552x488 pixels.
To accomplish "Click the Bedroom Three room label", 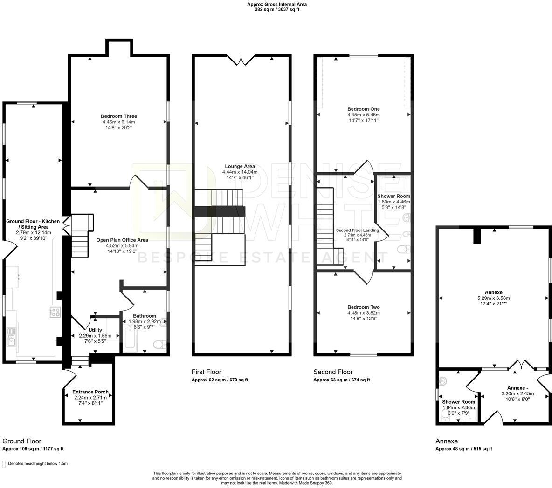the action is click(x=118, y=116).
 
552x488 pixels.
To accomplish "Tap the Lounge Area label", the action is click(x=240, y=166).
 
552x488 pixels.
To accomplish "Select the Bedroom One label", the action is click(x=363, y=109).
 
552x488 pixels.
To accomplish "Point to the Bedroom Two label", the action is click(x=363, y=307).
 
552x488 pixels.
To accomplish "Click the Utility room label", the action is click(x=95, y=330).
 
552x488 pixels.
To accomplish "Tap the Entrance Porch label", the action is click(x=90, y=392).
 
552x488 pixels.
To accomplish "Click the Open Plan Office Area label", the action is click(x=122, y=240).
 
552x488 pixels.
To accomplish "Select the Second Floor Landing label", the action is click(x=357, y=230).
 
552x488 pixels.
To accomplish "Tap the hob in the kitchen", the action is click(x=55, y=312).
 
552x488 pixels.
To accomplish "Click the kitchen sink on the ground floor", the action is click(x=11, y=337).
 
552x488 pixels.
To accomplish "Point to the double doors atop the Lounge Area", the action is click(x=241, y=60).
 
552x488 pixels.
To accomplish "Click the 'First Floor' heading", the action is click(x=206, y=372).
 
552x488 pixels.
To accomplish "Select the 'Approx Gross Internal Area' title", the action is click(x=277, y=5).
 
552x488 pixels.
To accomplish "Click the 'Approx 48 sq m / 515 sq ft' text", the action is click(x=463, y=449).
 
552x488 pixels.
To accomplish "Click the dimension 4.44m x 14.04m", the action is click(x=240, y=172).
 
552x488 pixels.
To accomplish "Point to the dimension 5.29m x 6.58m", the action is click(x=494, y=298).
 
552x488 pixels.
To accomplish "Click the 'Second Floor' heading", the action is click(x=333, y=372).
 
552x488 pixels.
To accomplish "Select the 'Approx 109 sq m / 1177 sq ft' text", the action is click(x=33, y=449).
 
